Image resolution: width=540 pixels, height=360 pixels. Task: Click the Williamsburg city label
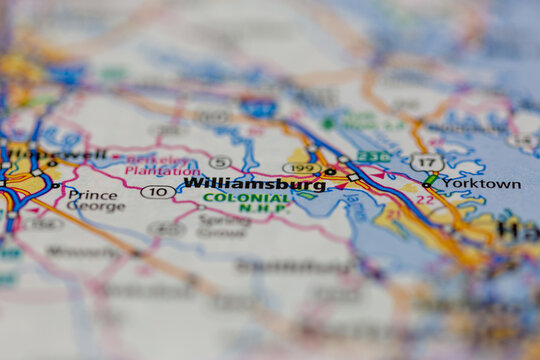[255, 184]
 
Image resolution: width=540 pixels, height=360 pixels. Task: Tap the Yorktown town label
[481, 184]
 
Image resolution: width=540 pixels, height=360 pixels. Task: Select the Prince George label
[96, 201]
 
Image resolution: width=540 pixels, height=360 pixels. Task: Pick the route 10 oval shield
[156, 192]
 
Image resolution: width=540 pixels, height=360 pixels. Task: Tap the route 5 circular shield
[220, 162]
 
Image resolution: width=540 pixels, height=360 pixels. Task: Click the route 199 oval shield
[300, 168]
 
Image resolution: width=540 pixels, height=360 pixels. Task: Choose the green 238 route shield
[373, 156]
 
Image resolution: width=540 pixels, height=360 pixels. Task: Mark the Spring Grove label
[222, 225]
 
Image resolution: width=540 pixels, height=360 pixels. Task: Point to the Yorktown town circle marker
[428, 183]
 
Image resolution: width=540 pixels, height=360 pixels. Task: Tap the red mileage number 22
[425, 199]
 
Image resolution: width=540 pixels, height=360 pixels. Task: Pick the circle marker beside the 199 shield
[330, 172]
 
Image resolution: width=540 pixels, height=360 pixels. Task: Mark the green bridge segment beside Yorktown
[431, 180]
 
